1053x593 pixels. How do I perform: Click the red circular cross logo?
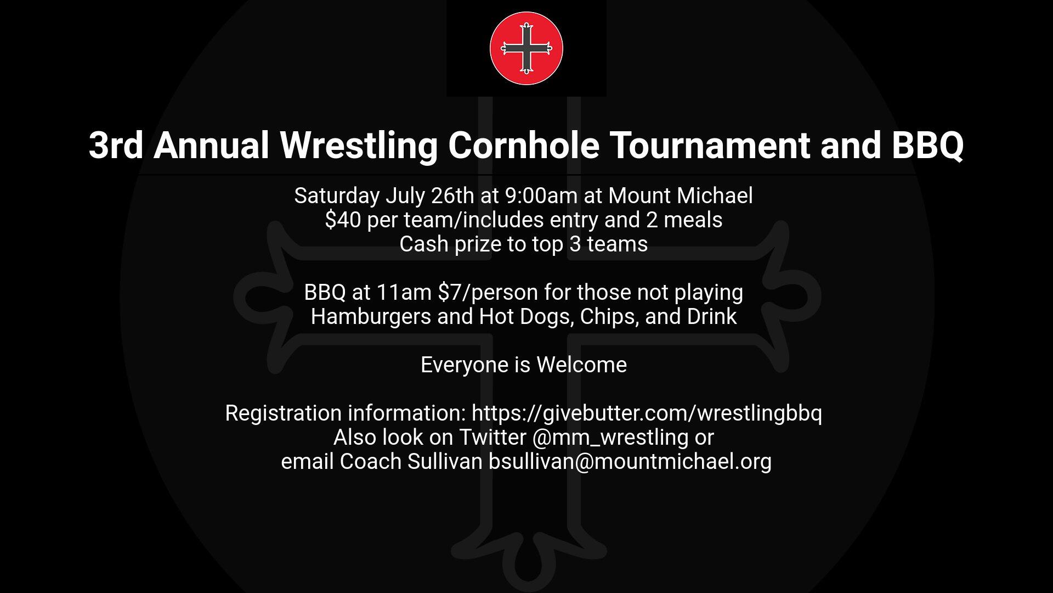[526, 48]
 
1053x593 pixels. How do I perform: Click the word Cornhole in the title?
[523, 146]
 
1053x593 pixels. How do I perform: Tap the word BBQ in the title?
[927, 146]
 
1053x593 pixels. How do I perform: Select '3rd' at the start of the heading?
[116, 146]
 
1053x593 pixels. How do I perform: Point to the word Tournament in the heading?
[710, 146]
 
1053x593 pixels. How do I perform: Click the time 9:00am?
[541, 196]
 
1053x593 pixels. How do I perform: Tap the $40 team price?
[342, 220]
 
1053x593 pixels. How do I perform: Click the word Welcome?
[581, 365]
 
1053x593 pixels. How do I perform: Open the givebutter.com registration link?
[647, 413]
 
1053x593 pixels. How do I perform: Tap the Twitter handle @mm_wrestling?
[610, 438]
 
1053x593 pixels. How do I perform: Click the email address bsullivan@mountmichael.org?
[630, 462]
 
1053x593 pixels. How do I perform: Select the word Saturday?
[337, 196]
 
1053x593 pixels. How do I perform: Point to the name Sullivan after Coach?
[444, 462]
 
